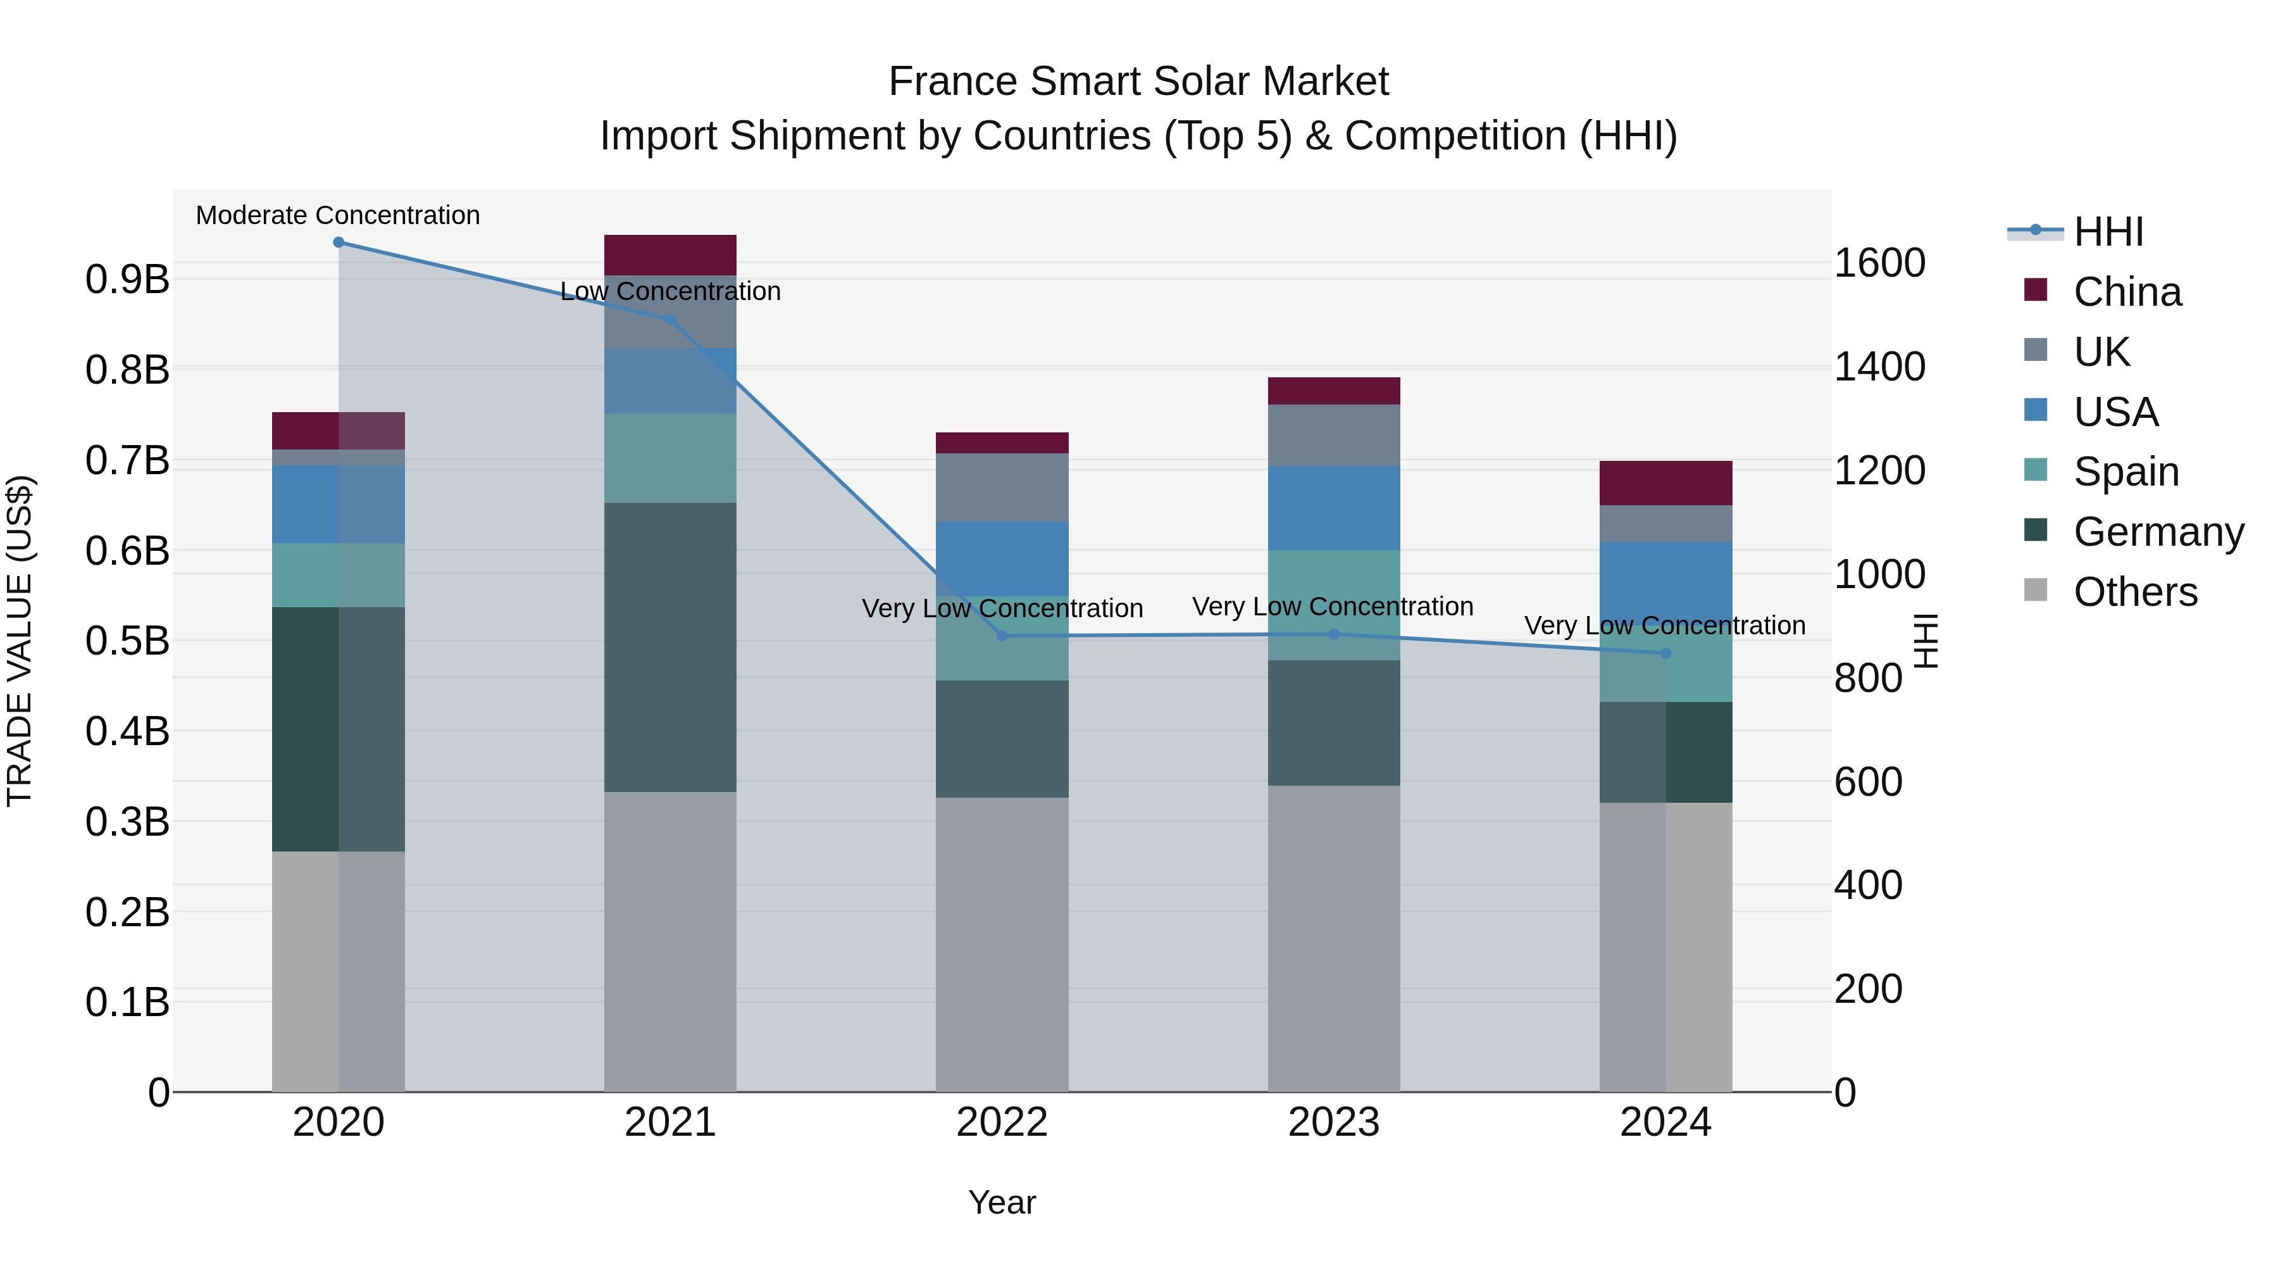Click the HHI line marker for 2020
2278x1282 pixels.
click(x=339, y=242)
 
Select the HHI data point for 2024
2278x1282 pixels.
click(x=1665, y=653)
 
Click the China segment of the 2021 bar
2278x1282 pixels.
click(x=670, y=255)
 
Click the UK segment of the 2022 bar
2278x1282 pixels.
click(x=1002, y=487)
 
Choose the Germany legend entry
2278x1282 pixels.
click(x=2158, y=532)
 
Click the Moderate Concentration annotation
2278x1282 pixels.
click(x=338, y=215)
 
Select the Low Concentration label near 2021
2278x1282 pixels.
click(x=670, y=291)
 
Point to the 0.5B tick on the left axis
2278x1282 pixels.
click(x=127, y=641)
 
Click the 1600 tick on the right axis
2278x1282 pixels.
click(x=1879, y=263)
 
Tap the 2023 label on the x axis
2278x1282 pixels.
click(x=1333, y=1122)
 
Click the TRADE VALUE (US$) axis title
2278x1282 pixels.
click(x=20, y=641)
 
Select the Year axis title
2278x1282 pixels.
click(x=1002, y=1202)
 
